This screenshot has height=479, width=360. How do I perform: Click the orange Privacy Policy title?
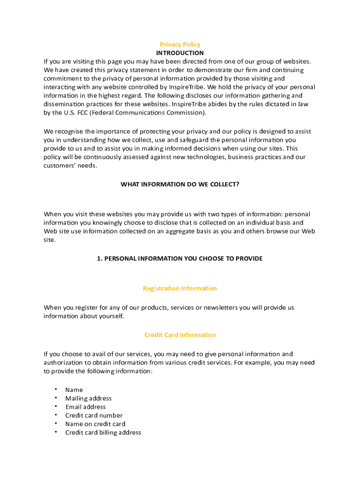click(x=180, y=44)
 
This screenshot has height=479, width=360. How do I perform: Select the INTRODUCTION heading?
click(x=180, y=53)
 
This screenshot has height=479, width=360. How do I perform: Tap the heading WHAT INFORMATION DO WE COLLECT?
click(x=180, y=184)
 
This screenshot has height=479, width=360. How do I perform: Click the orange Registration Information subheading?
click(x=180, y=289)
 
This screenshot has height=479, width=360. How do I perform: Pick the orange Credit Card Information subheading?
click(x=180, y=335)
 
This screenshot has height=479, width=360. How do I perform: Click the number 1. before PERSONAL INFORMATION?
click(x=100, y=259)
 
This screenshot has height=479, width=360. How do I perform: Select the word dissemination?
click(x=63, y=104)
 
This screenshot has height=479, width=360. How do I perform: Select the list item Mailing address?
click(x=88, y=399)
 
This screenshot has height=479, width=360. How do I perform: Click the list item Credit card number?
click(x=94, y=415)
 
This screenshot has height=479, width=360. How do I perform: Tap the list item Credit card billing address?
click(x=103, y=433)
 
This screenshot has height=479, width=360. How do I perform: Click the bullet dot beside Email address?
click(x=55, y=406)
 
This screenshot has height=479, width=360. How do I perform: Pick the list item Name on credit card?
click(x=95, y=424)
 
